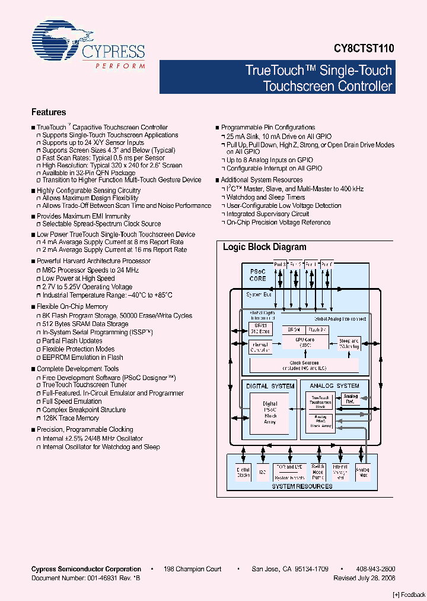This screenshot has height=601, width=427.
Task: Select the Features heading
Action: (49, 112)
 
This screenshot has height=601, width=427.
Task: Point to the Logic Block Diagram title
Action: (265, 247)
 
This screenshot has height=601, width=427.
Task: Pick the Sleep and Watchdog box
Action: (349, 343)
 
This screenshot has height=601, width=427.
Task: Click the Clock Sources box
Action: (304, 365)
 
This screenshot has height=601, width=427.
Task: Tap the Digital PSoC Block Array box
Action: (270, 413)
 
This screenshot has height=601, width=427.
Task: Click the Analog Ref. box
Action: (350, 398)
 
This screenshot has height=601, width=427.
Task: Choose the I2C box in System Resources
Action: (263, 472)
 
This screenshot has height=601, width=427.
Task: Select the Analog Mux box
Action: (362, 472)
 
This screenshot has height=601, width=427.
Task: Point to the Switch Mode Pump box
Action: (318, 472)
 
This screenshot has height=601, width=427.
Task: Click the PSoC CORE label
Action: (257, 275)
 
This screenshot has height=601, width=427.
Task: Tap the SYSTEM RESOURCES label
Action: (302, 486)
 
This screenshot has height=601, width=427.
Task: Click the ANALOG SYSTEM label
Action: (334, 386)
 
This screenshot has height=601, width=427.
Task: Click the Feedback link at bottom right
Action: (409, 594)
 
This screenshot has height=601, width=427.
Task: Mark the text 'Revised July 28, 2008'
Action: (364, 578)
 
